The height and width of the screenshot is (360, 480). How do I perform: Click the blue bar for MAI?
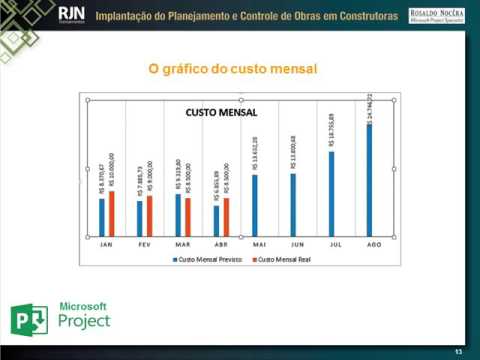coord(255,205)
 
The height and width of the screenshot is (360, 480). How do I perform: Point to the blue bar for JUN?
coord(293,204)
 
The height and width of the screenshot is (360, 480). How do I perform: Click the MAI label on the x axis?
coord(259,244)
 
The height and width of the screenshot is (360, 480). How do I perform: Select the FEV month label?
coord(144,244)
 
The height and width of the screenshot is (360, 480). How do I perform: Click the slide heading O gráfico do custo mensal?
coord(231,69)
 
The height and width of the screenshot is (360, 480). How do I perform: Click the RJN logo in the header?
coord(72,14)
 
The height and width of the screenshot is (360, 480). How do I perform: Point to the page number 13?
coord(457,351)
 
